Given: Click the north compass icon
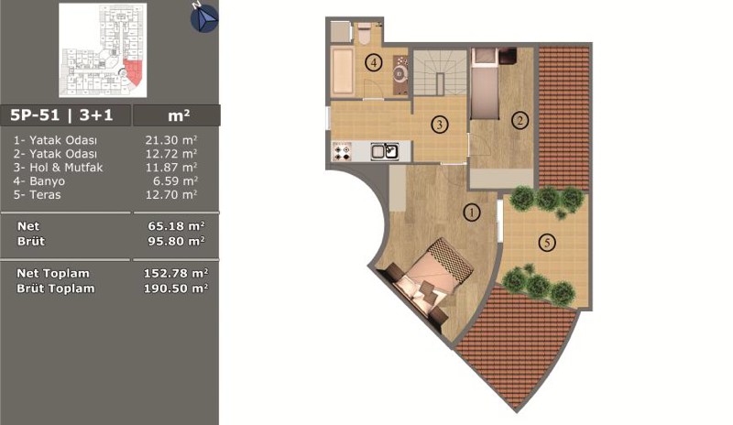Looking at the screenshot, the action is click(204, 18).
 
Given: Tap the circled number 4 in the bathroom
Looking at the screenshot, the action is click(374, 62).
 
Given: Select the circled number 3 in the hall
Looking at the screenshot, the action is click(440, 125).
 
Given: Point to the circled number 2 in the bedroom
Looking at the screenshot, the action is click(520, 121).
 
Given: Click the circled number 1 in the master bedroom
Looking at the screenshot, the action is click(472, 212).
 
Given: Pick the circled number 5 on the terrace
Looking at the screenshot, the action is click(547, 242).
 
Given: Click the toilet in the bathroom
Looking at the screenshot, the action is click(365, 33).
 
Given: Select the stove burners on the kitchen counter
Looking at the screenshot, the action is click(342, 152).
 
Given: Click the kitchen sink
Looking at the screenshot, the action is click(385, 151).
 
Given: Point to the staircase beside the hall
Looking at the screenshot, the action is click(440, 73).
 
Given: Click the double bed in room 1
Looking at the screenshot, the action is click(429, 278).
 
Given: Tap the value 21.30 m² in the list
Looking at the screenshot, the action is click(171, 140).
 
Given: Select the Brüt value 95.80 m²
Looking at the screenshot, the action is click(176, 241).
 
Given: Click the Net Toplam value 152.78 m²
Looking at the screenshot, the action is click(176, 273).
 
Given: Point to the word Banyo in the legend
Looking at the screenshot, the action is click(47, 181).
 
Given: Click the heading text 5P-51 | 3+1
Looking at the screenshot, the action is click(61, 115).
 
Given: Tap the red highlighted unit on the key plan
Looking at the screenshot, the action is click(133, 72).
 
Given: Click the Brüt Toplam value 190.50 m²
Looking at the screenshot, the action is click(176, 288).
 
